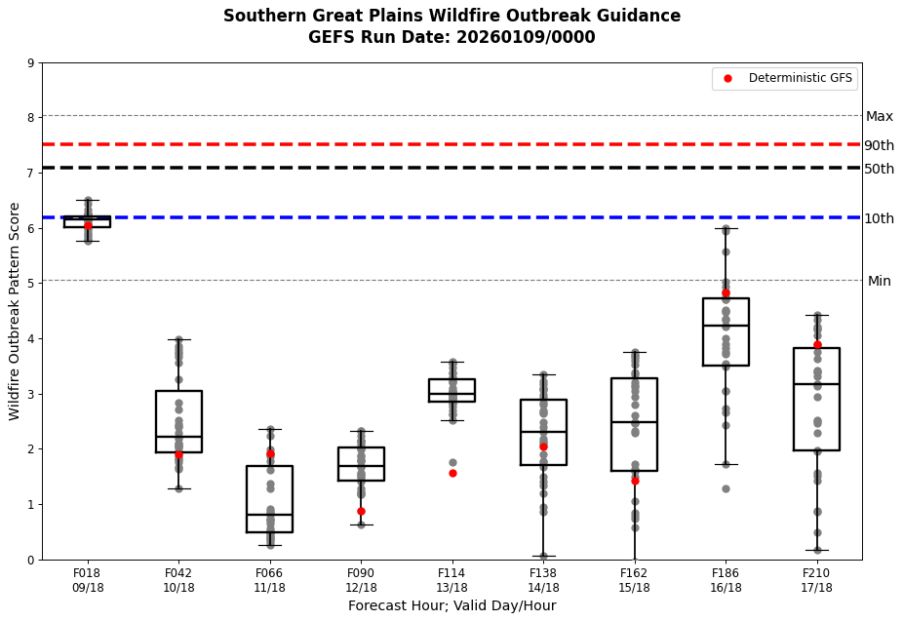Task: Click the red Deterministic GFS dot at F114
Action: click(x=452, y=473)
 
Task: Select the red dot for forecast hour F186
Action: click(x=726, y=292)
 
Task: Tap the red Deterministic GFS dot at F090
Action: click(x=361, y=511)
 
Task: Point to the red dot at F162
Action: click(x=635, y=481)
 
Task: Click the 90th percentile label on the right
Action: click(x=879, y=146)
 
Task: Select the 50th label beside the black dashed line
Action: click(x=879, y=170)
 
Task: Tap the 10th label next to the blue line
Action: click(x=879, y=219)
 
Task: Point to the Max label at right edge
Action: click(x=879, y=117)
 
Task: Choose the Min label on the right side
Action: click(x=879, y=282)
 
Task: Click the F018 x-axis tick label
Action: click(x=88, y=573)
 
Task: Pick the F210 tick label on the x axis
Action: click(x=816, y=573)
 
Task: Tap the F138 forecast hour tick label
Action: click(x=543, y=573)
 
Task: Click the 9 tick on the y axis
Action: click(x=31, y=64)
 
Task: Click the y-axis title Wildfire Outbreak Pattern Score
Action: click(x=16, y=311)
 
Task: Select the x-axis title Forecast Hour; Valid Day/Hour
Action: click(x=451, y=606)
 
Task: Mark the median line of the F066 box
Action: click(x=270, y=515)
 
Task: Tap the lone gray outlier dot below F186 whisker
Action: click(x=726, y=488)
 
